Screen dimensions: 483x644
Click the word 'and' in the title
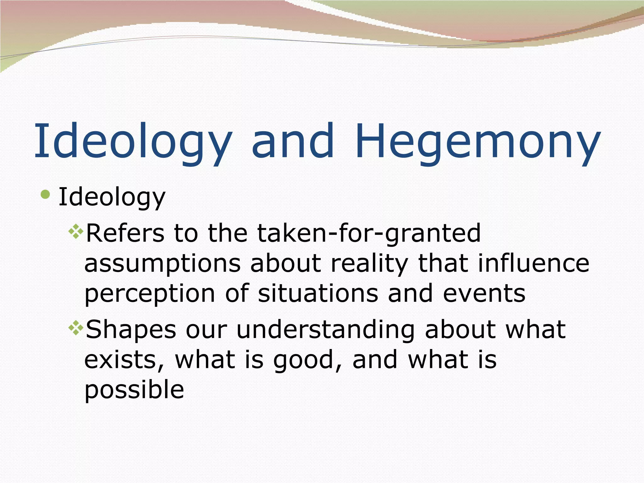point(292,142)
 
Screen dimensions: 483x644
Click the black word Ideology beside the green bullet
point(112,197)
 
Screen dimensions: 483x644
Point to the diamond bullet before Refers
point(76,232)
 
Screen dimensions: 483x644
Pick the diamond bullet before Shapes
point(76,329)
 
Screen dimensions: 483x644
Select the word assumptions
point(162,264)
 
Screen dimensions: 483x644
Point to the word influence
point(533,264)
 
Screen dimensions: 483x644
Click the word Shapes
point(131,330)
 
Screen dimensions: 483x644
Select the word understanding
point(325,330)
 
